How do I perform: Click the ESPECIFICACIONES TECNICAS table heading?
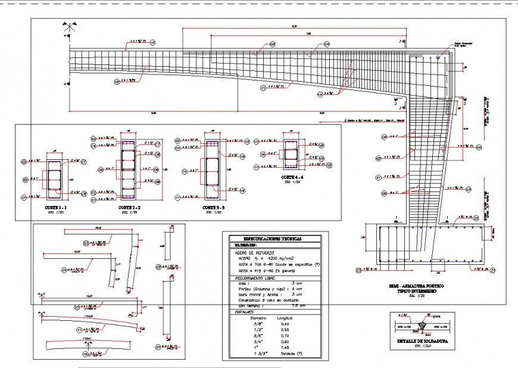[x=271, y=239]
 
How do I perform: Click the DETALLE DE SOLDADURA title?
[x=422, y=342]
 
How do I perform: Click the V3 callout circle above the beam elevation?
[x=152, y=42]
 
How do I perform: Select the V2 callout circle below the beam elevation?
[x=117, y=80]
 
